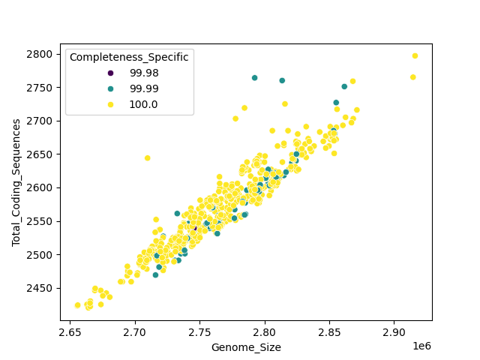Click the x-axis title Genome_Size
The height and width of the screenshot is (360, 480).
tap(246, 347)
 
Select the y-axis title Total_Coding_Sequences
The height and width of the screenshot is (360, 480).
tap(16, 181)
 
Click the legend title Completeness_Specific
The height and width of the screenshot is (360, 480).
tap(129, 57)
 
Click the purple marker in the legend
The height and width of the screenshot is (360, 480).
tap(111, 73)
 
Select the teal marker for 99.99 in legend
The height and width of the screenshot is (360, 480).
tap(111, 88)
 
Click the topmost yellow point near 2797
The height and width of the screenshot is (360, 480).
tap(415, 56)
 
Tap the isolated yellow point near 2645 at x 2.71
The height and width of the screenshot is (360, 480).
tap(147, 158)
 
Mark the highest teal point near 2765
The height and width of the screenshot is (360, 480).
tap(254, 78)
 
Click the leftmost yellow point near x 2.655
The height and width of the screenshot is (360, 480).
tap(77, 305)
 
